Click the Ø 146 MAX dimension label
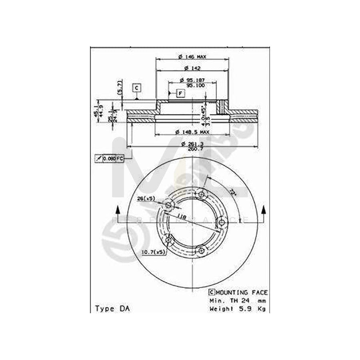coord(192,57)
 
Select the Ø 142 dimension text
coord(192,68)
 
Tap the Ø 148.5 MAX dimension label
coord(192,132)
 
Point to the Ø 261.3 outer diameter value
coord(192,144)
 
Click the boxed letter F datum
coord(180,94)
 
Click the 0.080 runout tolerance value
coord(109,158)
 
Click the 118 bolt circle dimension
coord(182,216)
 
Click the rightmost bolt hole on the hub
coord(220,222)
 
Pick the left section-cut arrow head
coord(118,209)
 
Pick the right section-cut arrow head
coord(264,209)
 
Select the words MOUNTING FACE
coord(242,292)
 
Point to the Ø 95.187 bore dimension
coord(192,79)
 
